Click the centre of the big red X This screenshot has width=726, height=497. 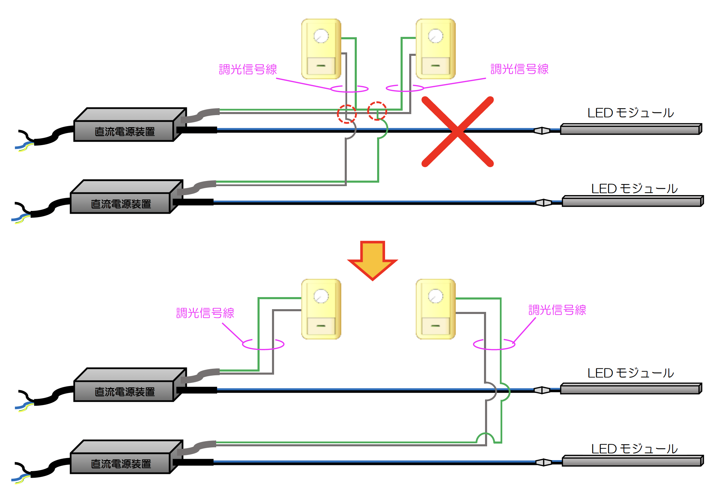pyautogui.click(x=458, y=132)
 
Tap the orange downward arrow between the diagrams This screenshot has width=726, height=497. pyautogui.click(x=372, y=260)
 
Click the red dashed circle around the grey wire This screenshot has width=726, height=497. pyautogui.click(x=347, y=114)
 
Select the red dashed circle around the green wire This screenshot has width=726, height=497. pyautogui.click(x=377, y=111)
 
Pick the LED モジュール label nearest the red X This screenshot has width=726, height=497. pyautogui.click(x=631, y=113)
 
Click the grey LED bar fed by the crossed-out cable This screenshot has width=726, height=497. pyautogui.click(x=631, y=129)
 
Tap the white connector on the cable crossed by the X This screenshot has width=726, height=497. pyautogui.click(x=542, y=131)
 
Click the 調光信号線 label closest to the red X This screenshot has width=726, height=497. pyautogui.click(x=520, y=69)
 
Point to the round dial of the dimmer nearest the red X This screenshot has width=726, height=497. pyautogui.click(x=435, y=36)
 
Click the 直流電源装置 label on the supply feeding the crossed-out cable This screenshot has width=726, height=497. pyautogui.click(x=125, y=132)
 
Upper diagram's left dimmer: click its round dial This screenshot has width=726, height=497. pyautogui.click(x=321, y=36)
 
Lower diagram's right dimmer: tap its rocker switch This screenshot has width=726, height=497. pyautogui.click(x=435, y=326)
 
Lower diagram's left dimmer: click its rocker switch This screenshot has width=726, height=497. pyautogui.click(x=321, y=326)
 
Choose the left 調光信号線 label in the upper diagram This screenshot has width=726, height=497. pyautogui.click(x=248, y=69)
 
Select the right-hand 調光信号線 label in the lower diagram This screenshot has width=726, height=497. pyautogui.click(x=557, y=310)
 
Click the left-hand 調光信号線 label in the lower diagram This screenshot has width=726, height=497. pyautogui.click(x=205, y=313)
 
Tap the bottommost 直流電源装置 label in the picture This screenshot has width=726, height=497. pyautogui.click(x=121, y=464)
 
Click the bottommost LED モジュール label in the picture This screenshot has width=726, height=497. pyautogui.click(x=634, y=449)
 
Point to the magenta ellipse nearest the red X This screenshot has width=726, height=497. pyautogui.click(x=405, y=88)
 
